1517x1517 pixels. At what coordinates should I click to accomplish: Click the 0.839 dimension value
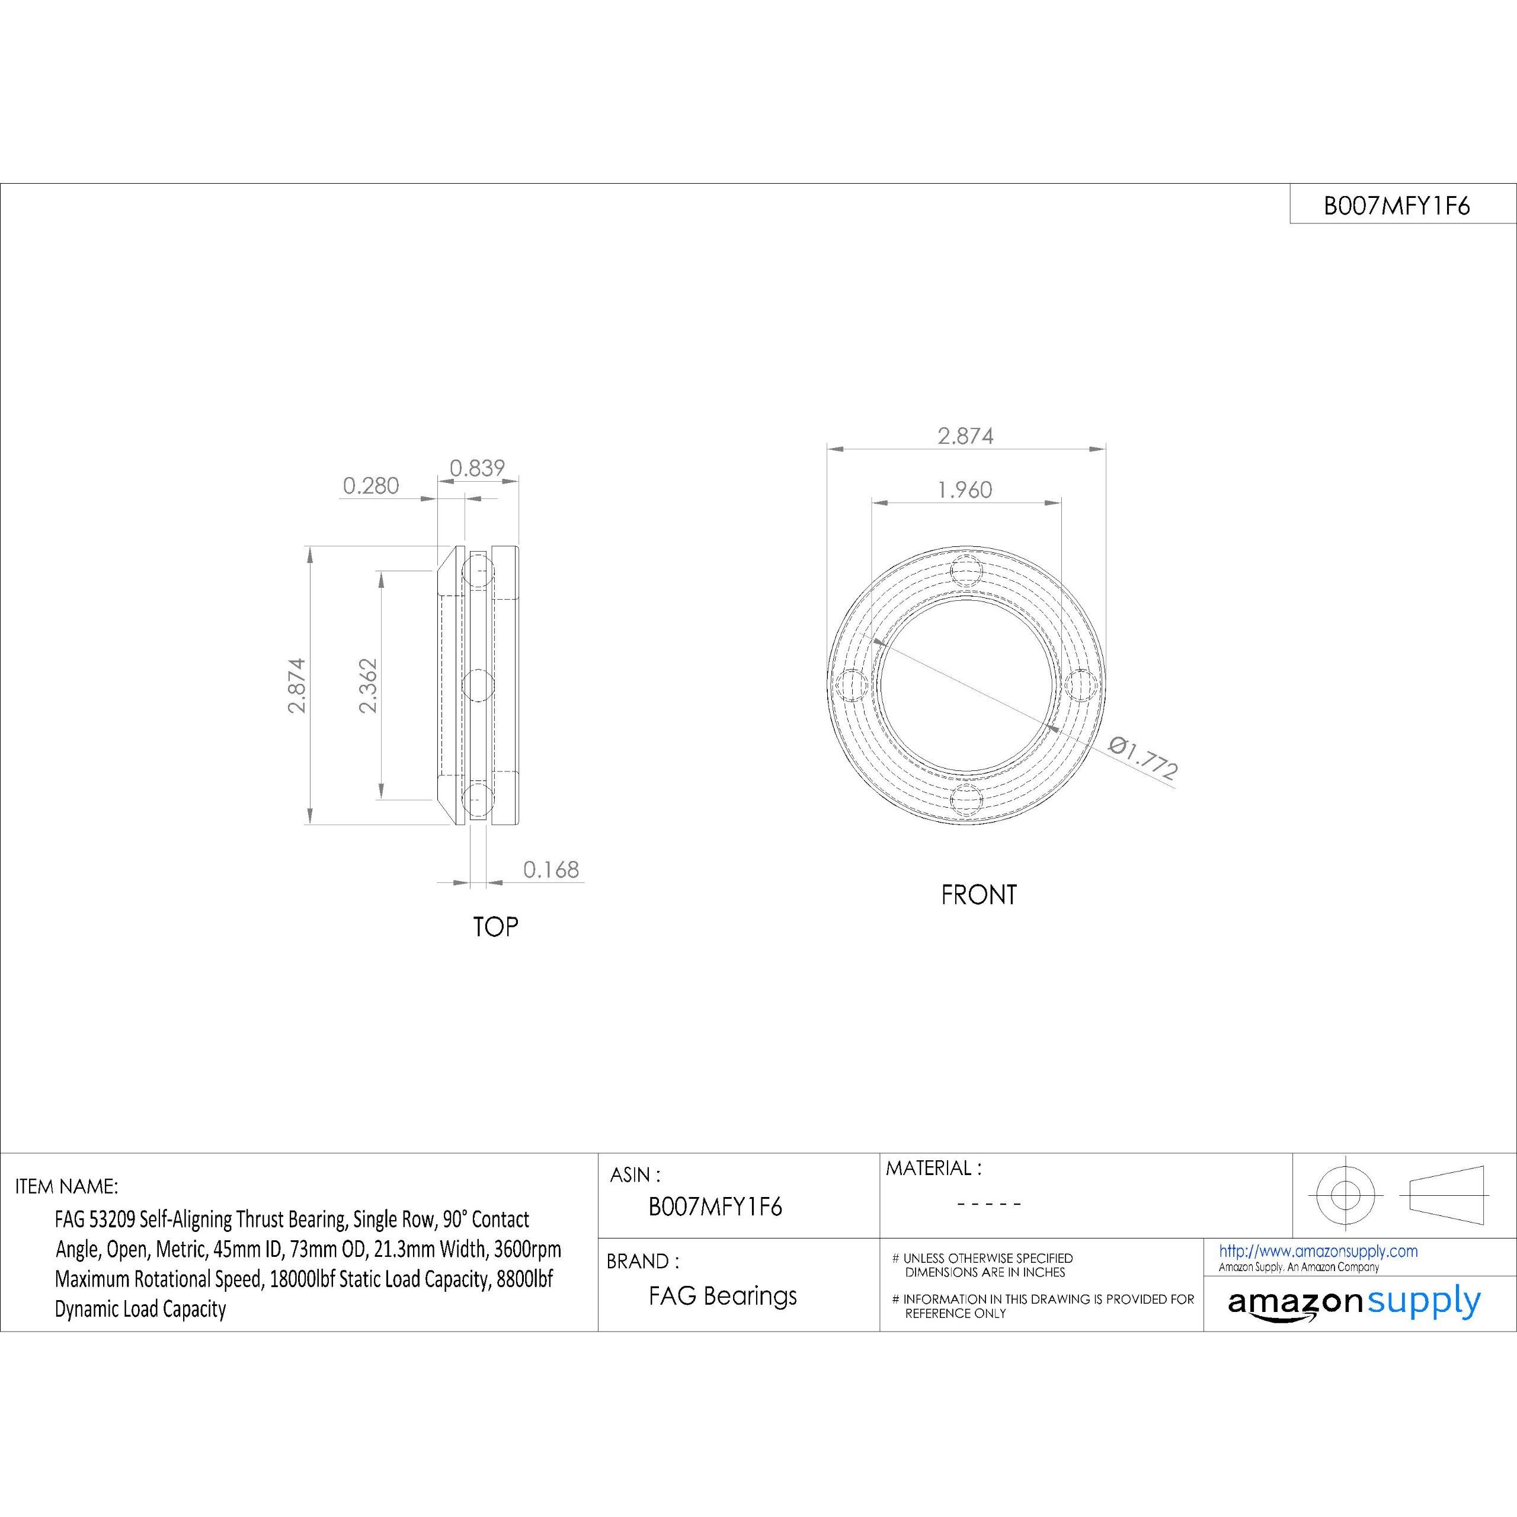[476, 468]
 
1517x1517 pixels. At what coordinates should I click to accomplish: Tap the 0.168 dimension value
[551, 869]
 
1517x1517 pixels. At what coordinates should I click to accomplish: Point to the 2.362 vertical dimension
[367, 686]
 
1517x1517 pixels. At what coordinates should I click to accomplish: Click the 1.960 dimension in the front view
[965, 490]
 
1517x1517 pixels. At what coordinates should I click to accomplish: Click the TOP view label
[495, 927]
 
